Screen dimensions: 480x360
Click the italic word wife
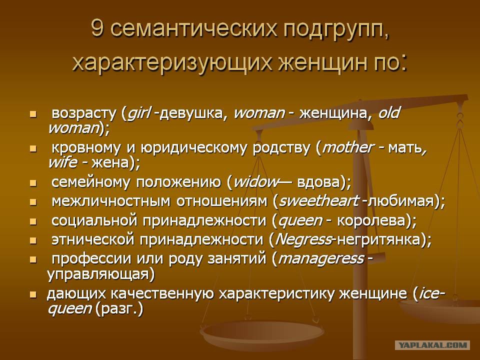[x=62, y=162]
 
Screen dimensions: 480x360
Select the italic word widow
[x=256, y=182]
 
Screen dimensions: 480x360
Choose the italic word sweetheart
[x=318, y=201]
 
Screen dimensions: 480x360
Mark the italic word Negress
[x=303, y=239]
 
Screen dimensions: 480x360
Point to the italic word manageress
[x=321, y=259]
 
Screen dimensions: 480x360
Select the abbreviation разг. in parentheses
[x=119, y=309]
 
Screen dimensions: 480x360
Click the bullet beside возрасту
[x=33, y=114]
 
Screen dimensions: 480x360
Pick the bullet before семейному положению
[x=33, y=183]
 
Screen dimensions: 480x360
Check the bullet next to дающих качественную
[x=33, y=295]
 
